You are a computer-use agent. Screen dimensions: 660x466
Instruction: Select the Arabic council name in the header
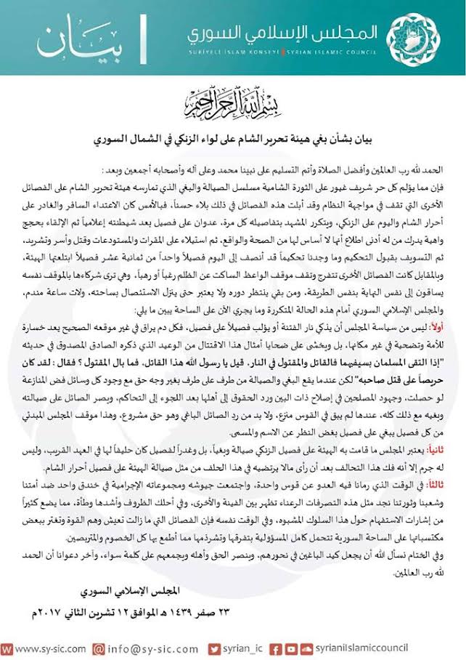[284, 33]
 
